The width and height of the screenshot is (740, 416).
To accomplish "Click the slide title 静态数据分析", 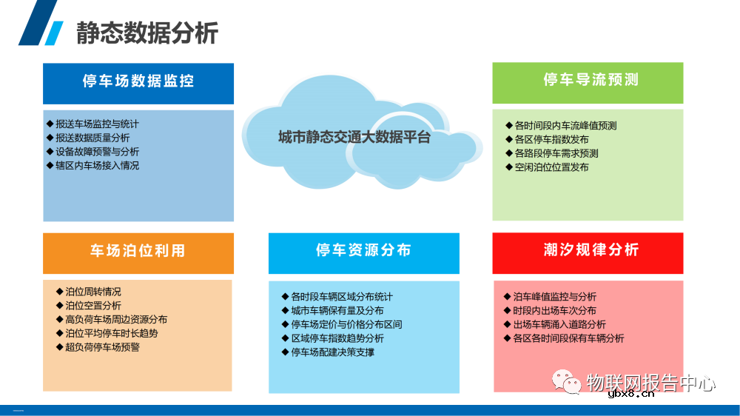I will click(147, 33).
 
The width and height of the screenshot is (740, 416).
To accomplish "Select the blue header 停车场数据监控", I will click(138, 81).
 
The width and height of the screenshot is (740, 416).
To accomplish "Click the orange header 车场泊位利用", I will click(138, 251).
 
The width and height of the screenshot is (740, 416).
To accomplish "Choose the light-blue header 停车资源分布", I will click(363, 251).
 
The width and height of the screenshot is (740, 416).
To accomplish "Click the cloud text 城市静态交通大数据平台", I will click(354, 137).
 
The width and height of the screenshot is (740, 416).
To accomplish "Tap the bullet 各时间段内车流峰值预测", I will click(565, 126).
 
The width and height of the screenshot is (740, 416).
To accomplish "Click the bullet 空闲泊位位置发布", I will click(551, 167).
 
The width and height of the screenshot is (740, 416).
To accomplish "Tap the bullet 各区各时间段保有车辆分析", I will click(568, 338).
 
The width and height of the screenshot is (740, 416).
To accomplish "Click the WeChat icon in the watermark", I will click(569, 383).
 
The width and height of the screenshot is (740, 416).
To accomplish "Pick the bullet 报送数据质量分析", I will click(92, 138).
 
